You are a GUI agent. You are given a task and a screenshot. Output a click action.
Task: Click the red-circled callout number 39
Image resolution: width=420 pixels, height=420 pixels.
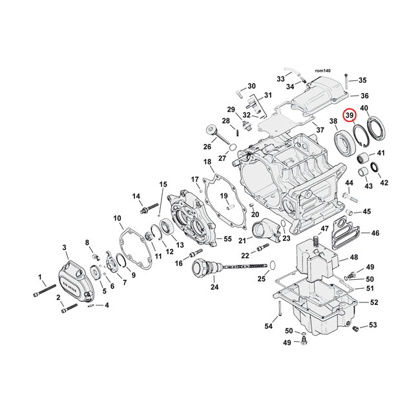coord(350,116)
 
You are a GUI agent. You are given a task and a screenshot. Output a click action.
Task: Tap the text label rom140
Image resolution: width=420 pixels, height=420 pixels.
coord(322,69)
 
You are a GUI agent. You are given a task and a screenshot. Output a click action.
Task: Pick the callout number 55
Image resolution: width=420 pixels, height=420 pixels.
coord(227,239)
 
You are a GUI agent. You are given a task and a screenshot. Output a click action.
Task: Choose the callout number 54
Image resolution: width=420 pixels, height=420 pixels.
coord(268,326)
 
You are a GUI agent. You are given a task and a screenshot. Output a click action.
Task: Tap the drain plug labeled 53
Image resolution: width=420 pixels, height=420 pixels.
coord(355,330)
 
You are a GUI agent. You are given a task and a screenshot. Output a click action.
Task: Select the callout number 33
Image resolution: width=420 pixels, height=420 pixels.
coord(280,79)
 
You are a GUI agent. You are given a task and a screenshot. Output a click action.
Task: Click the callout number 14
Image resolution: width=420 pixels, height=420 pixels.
coord(136,196)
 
